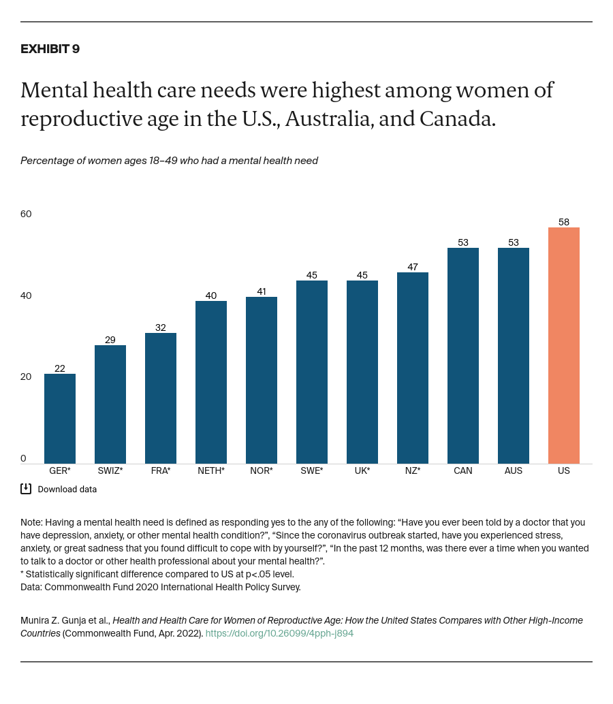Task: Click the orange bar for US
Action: pos(563,345)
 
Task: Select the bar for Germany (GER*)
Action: pos(60,419)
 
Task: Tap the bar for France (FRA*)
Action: pos(161,398)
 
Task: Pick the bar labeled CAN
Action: pos(463,355)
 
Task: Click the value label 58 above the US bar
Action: pos(564,222)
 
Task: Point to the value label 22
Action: pos(60,368)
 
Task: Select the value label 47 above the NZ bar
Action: pos(413,267)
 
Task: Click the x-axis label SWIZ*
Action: pos(110,470)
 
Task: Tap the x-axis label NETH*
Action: pos(211,470)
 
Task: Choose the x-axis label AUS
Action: pos(514,470)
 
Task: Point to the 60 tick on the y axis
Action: pos(26,214)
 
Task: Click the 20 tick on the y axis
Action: pos(26,377)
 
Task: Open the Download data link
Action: pos(67,489)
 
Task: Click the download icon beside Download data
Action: pos(26,488)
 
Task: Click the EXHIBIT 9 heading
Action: pos(50,49)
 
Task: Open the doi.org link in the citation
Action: pos(279,633)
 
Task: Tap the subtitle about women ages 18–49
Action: pos(169,161)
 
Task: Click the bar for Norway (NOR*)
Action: pos(262,380)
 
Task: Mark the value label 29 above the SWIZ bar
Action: pos(110,340)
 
